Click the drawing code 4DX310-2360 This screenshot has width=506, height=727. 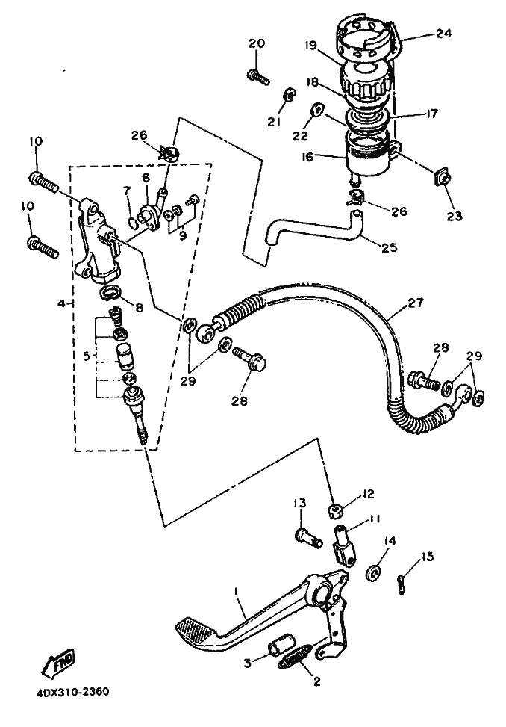coord(73,692)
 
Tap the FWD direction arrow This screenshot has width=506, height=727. coord(58,663)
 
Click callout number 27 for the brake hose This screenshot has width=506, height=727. coord(415,303)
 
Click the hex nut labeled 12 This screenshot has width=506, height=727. coord(336,511)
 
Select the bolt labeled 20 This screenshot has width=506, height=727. coord(258,76)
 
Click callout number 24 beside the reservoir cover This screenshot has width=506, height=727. coord(443,34)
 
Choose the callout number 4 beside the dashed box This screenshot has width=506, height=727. coord(60,303)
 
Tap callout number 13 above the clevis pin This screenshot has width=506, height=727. coord(300,503)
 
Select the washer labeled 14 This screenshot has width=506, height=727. coord(374,572)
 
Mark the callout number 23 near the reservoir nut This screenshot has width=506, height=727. coord(455,216)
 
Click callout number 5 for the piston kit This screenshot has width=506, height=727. coord(86,356)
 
